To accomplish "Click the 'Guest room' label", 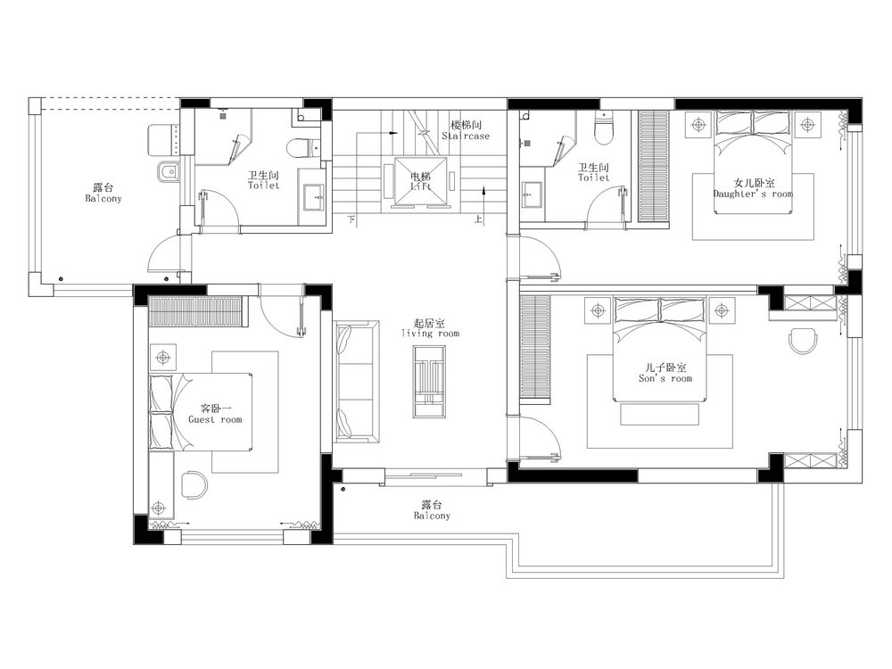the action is [x=215, y=420].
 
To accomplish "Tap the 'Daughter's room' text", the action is [x=753, y=194].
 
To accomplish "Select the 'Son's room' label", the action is [x=665, y=378].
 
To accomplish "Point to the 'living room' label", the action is [x=430, y=334].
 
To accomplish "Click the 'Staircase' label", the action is [x=466, y=136].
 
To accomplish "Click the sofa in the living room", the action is [x=357, y=382].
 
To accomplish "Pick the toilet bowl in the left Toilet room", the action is [x=298, y=148].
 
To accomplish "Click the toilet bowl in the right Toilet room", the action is [x=603, y=129].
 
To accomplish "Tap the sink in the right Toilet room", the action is [x=533, y=195].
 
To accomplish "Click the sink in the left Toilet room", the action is [x=311, y=197].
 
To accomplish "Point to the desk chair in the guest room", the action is [x=194, y=483].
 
